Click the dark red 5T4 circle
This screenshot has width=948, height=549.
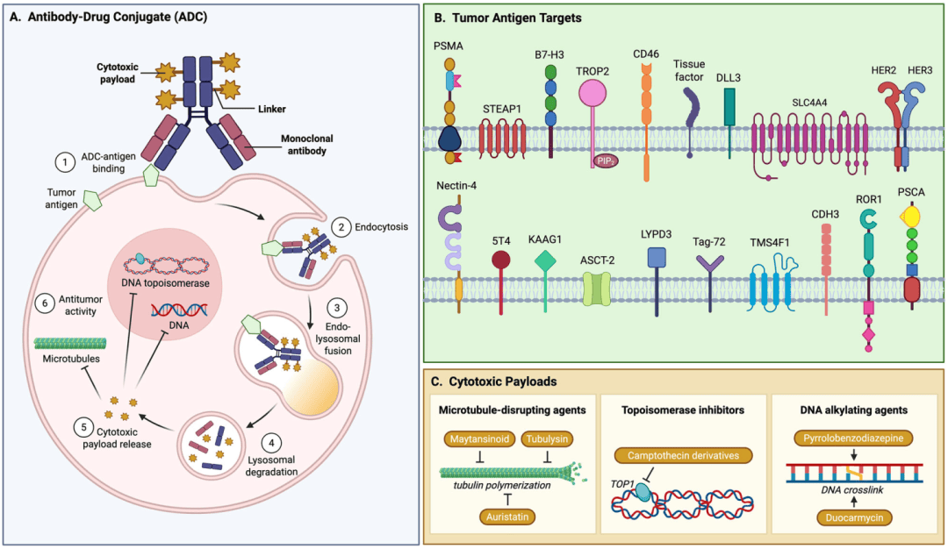[501, 260]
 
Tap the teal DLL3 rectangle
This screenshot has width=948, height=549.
[729, 107]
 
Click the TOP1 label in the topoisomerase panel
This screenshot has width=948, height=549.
[621, 482]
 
